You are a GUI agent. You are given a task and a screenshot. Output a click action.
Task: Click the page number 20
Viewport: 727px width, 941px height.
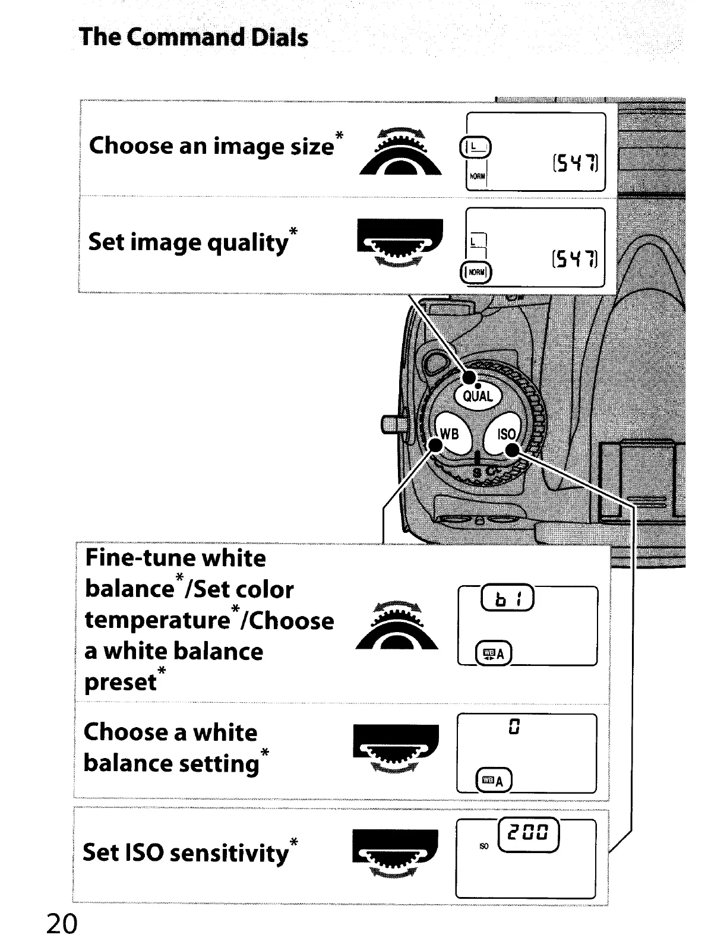[62, 924]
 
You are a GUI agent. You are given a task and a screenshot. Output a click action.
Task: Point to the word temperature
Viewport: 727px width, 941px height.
[157, 620]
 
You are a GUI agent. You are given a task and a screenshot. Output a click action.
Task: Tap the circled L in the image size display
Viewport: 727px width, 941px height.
[476, 146]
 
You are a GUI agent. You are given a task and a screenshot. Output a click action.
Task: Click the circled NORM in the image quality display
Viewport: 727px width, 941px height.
[476, 273]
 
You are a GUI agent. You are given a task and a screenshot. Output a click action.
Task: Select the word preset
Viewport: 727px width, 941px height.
[121, 682]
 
